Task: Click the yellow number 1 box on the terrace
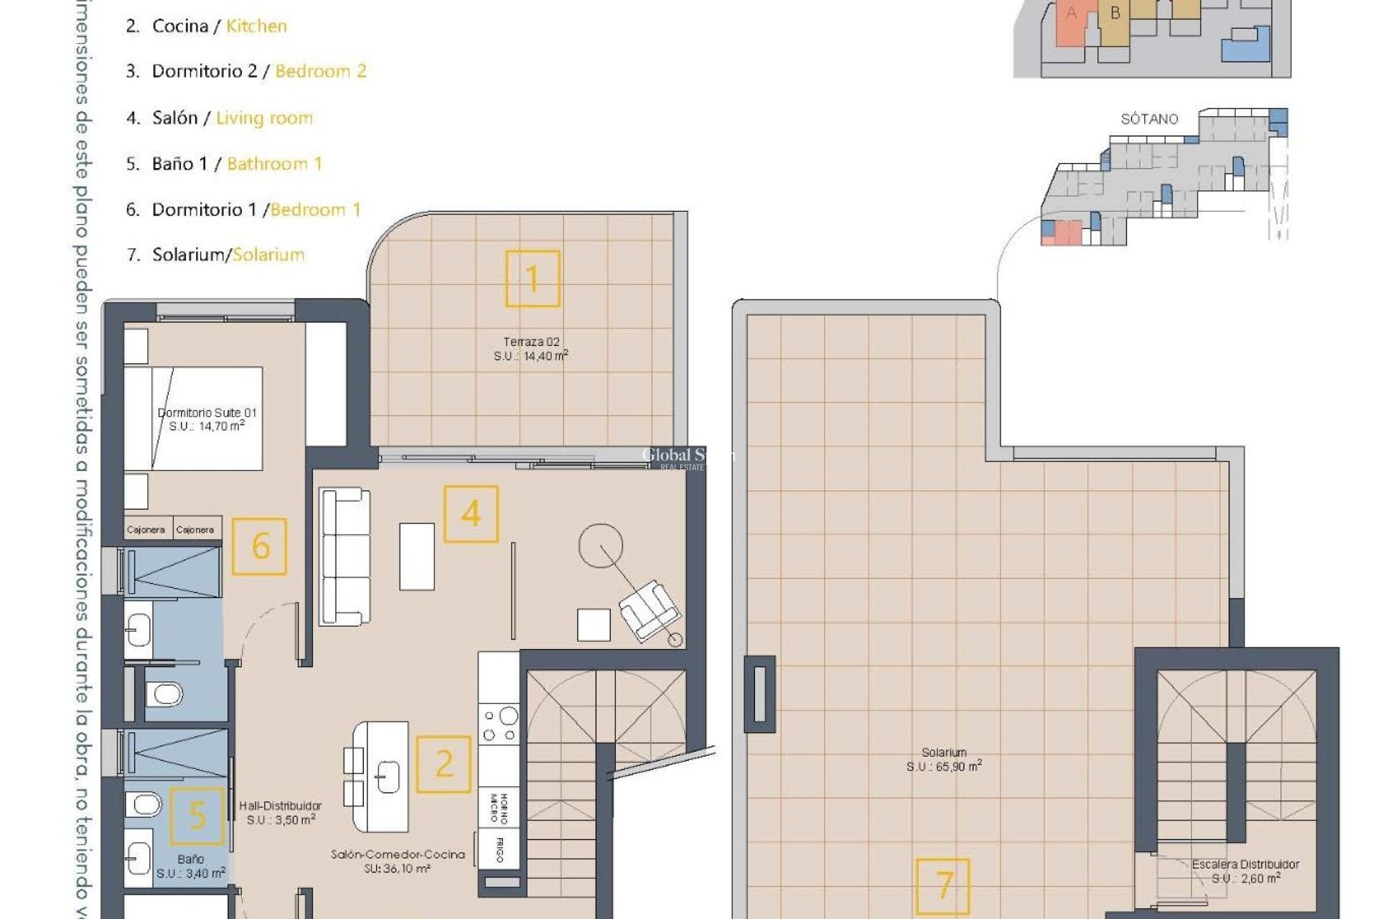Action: pos(533,279)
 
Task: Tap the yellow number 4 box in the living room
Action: pos(471,514)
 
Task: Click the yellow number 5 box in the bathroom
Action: pos(197,816)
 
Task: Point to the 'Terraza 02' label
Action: pos(531,342)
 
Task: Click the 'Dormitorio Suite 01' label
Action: pos(207,413)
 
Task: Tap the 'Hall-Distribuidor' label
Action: pos(281,806)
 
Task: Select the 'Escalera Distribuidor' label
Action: pos(1245,864)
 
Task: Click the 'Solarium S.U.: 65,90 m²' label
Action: pos(944,760)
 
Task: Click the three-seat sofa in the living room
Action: pos(345,556)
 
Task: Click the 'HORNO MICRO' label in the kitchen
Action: pos(498,808)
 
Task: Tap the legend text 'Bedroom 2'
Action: pos(321,71)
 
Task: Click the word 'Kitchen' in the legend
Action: pos(256,26)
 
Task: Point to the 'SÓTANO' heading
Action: pos(1149,119)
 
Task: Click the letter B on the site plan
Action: pos(1115,13)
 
